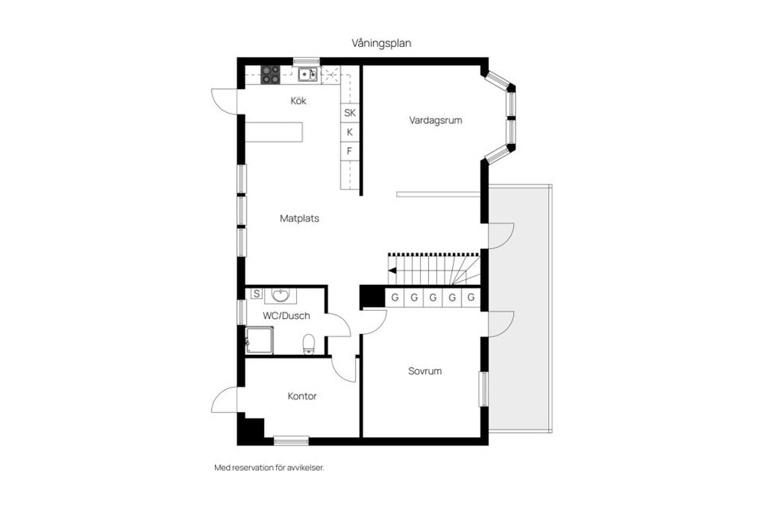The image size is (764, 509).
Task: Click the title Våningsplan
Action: pyautogui.click(x=381, y=42)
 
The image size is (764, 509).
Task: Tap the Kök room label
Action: pyautogui.click(x=298, y=101)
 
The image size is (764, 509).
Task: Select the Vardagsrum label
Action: pyautogui.click(x=435, y=121)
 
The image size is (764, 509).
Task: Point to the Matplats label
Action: pyautogui.click(x=299, y=218)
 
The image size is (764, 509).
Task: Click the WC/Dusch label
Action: pyautogui.click(x=286, y=316)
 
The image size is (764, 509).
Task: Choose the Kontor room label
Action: pyautogui.click(x=302, y=396)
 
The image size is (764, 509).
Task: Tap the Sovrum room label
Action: pyautogui.click(x=425, y=371)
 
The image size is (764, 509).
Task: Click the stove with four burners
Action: pyautogui.click(x=271, y=75)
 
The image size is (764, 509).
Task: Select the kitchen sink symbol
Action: pyautogui.click(x=307, y=75)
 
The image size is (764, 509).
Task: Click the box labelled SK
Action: pyautogui.click(x=349, y=113)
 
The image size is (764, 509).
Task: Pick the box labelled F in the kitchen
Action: pyautogui.click(x=349, y=151)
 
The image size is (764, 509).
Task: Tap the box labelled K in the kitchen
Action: pyautogui.click(x=349, y=132)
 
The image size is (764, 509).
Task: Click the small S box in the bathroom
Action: pyautogui.click(x=256, y=293)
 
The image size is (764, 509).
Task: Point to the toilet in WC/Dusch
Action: pyautogui.click(x=310, y=344)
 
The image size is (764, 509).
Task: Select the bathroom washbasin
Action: pyautogui.click(x=280, y=295)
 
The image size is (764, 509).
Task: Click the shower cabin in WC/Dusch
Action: pyautogui.click(x=259, y=340)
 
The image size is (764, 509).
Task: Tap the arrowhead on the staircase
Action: pyautogui.click(x=392, y=270)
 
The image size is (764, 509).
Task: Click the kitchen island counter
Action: pyautogui.click(x=275, y=132)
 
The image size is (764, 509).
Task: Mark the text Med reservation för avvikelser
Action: pyautogui.click(x=269, y=468)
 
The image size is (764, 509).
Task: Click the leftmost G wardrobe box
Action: pyautogui.click(x=395, y=297)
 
